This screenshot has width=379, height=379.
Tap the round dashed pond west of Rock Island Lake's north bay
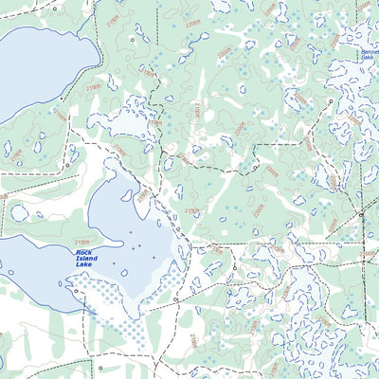(x=19, y=212)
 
